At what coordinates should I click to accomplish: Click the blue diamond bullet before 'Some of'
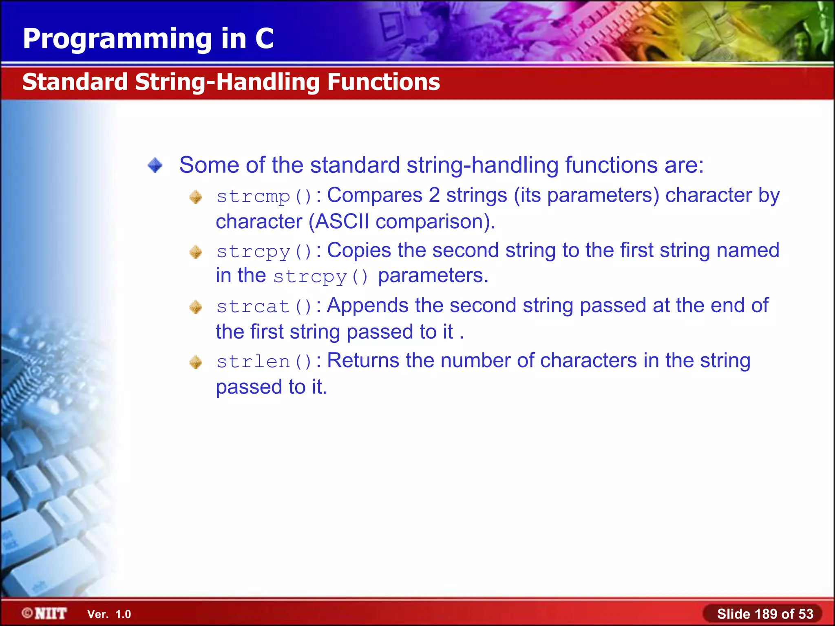click(155, 165)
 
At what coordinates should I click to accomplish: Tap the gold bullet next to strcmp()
click(196, 197)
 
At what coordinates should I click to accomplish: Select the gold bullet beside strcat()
click(196, 307)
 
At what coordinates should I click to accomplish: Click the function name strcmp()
click(264, 197)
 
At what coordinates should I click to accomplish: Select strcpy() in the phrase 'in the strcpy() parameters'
click(320, 277)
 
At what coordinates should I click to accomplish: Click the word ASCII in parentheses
click(342, 222)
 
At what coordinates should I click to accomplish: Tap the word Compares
click(374, 195)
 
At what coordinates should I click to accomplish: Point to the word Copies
click(359, 250)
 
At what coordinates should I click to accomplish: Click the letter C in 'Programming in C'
click(265, 39)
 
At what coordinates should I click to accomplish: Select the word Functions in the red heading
click(383, 82)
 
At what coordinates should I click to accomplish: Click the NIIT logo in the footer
click(45, 613)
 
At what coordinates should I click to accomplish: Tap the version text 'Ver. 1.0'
click(109, 614)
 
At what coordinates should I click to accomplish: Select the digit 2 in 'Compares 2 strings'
click(434, 195)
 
